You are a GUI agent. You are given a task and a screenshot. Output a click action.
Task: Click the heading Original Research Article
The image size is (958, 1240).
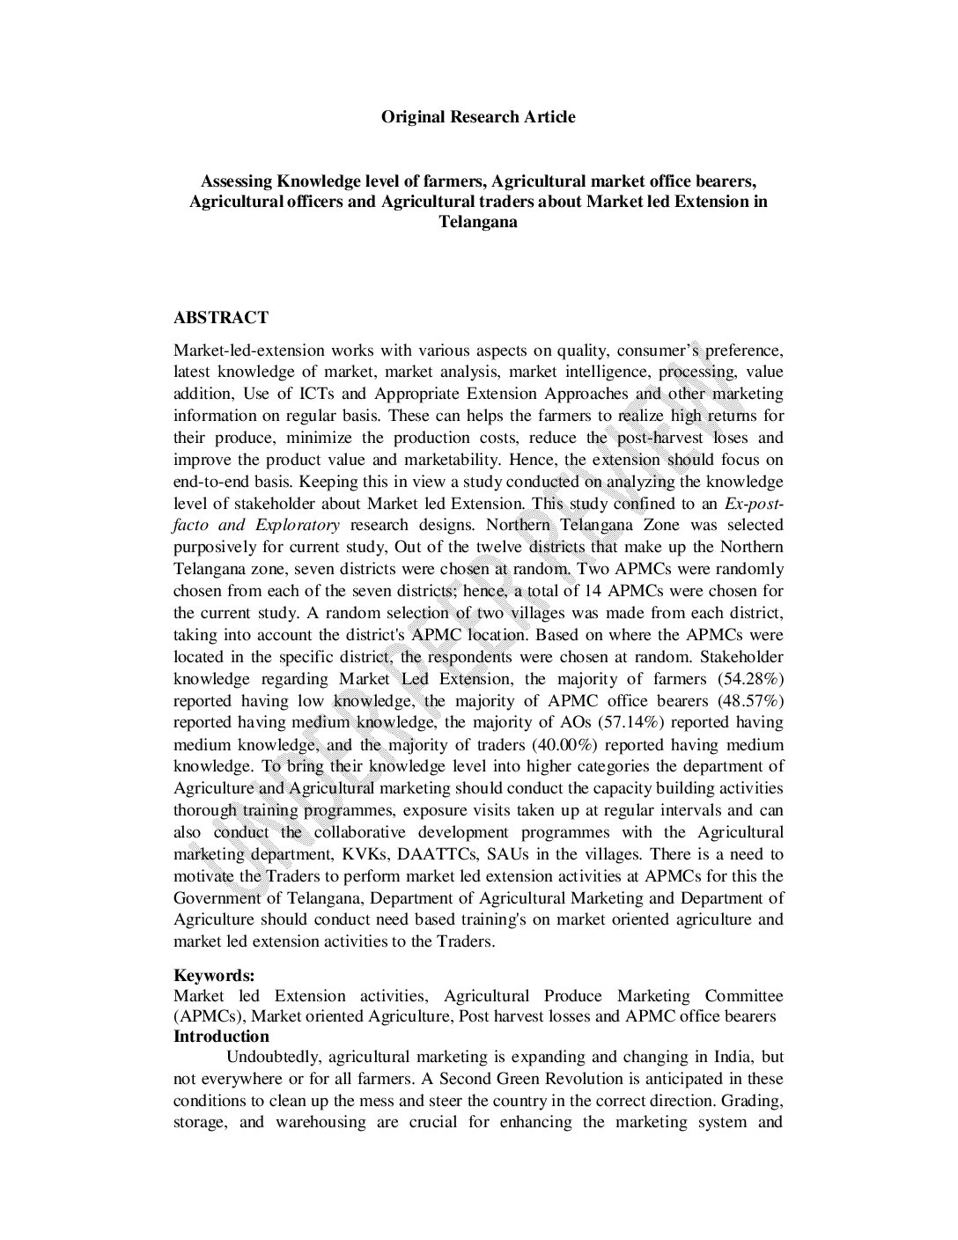[478, 116]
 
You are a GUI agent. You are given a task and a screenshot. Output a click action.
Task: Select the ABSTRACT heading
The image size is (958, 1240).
[221, 317]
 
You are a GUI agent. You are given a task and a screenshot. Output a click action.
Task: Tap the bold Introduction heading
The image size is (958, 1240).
[221, 1037]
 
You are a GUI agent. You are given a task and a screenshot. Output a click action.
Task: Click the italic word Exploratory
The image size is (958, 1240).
[298, 525]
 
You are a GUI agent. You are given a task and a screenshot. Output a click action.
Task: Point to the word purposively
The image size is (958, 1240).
[216, 547]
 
